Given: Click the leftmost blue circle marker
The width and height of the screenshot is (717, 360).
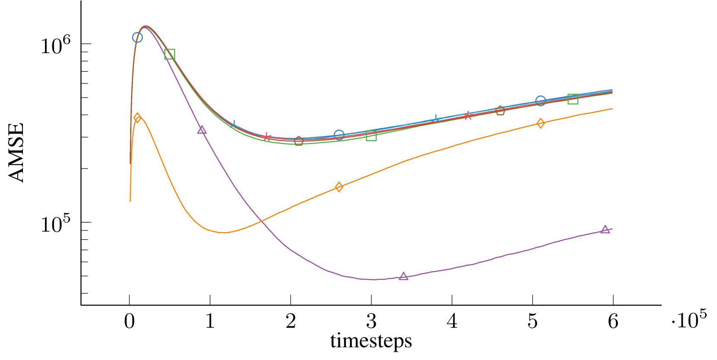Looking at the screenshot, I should [x=137, y=38].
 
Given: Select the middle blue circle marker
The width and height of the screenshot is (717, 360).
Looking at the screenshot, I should [x=339, y=135].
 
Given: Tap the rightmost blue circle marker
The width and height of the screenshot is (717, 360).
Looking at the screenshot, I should [x=541, y=101].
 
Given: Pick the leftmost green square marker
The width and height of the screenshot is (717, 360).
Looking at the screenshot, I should [x=170, y=54].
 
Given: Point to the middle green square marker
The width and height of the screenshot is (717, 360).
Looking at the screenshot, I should [x=371, y=136].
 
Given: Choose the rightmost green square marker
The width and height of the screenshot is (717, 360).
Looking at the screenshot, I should [x=573, y=99].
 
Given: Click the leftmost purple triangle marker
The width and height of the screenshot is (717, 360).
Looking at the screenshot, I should [x=202, y=130].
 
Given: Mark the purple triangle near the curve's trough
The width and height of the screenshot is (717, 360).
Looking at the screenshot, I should [x=404, y=276].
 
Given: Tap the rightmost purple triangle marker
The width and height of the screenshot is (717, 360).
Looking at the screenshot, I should [x=605, y=229].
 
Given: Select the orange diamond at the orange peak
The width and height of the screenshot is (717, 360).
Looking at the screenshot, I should [x=137, y=118].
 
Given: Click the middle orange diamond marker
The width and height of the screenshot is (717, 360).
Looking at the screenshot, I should [x=339, y=187].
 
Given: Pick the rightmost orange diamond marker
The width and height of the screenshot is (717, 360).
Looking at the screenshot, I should [x=541, y=124].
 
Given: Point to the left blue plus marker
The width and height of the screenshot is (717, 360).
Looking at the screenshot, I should [x=234, y=124].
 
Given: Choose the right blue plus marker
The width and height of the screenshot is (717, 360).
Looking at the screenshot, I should [x=436, y=118].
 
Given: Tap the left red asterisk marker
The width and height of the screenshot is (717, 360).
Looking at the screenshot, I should [x=267, y=137].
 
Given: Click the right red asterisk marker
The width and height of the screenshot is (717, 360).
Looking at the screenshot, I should [x=468, y=115].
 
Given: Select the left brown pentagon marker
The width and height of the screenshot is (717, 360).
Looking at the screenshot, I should [x=299, y=141].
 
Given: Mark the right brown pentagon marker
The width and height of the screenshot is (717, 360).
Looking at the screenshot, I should [x=500, y=111].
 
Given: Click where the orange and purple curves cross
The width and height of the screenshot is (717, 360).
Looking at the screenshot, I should [x=262, y=221].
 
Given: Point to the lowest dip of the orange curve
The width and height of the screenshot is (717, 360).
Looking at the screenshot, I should [x=223, y=233].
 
